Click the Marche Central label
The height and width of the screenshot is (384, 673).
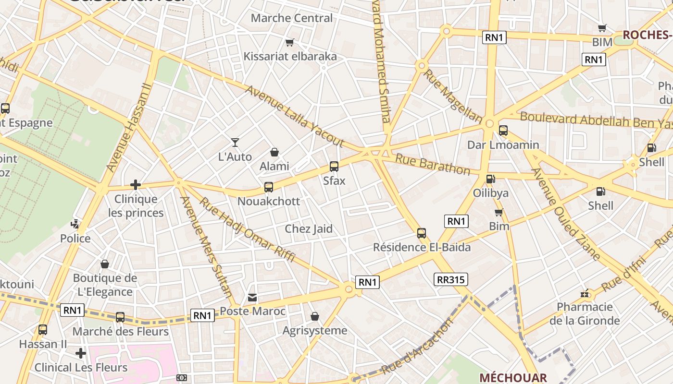click(x=292, y=18)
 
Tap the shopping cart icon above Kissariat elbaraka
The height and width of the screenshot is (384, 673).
click(x=289, y=42)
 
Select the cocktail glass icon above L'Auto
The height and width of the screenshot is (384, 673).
click(x=235, y=142)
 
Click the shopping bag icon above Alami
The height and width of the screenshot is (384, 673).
click(x=274, y=152)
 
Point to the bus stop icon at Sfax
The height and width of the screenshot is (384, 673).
click(x=334, y=167)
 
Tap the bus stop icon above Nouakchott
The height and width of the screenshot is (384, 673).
click(x=269, y=187)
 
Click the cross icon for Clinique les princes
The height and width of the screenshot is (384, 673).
click(x=136, y=184)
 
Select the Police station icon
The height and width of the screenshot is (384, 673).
click(x=75, y=224)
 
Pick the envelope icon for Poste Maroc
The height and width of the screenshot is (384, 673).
click(x=252, y=298)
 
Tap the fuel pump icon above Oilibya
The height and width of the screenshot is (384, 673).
click(x=490, y=179)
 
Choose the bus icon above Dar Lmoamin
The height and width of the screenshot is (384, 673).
click(x=503, y=130)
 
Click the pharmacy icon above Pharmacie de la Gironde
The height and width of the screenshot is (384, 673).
click(x=585, y=293)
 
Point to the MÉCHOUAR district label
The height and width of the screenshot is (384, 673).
click(x=513, y=378)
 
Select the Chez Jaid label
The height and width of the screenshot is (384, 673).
click(x=309, y=228)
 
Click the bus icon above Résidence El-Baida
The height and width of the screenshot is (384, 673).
click(x=422, y=233)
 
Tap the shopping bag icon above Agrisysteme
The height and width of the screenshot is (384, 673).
click(x=315, y=316)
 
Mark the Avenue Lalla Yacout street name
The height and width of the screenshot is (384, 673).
click(x=295, y=116)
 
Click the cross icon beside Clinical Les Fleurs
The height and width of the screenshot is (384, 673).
click(x=81, y=354)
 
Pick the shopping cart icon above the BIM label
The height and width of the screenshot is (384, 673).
click(x=602, y=28)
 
